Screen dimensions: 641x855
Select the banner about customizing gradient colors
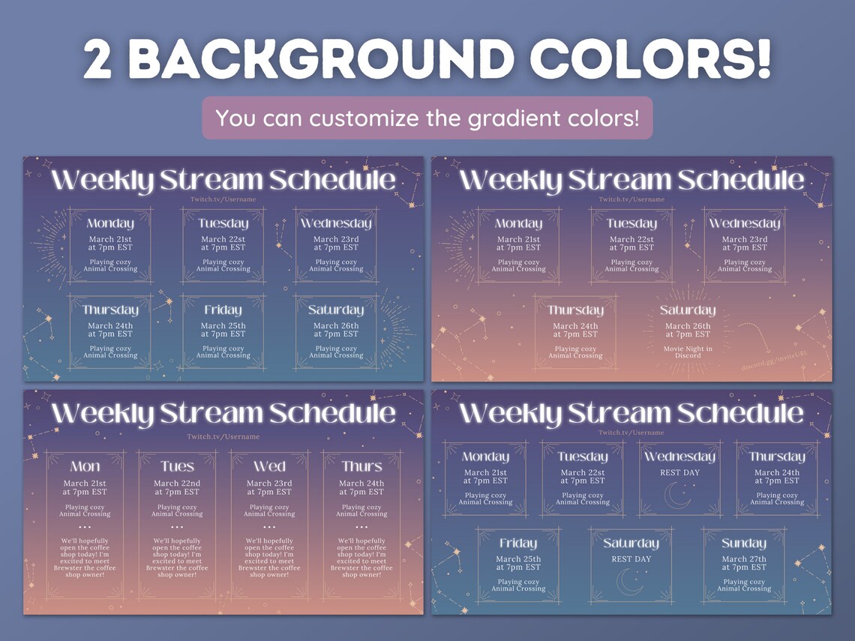[x=427, y=118]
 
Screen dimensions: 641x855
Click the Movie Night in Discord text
[x=688, y=352]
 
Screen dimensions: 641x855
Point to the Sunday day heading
[x=743, y=544]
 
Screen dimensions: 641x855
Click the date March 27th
[x=744, y=559]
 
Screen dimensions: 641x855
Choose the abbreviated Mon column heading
[x=85, y=466]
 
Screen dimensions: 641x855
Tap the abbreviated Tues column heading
[x=177, y=466]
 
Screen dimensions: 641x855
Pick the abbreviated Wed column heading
[x=269, y=466]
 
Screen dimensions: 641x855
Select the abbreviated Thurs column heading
[x=361, y=466]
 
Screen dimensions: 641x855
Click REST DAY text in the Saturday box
[x=631, y=559]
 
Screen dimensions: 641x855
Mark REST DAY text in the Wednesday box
[x=679, y=473]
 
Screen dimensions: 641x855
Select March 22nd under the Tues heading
[x=177, y=484]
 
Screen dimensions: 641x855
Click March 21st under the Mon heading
[x=85, y=484]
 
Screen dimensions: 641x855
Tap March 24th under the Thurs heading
[x=361, y=484]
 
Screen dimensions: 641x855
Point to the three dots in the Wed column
[x=269, y=528]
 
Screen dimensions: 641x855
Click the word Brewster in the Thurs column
[x=346, y=568]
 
